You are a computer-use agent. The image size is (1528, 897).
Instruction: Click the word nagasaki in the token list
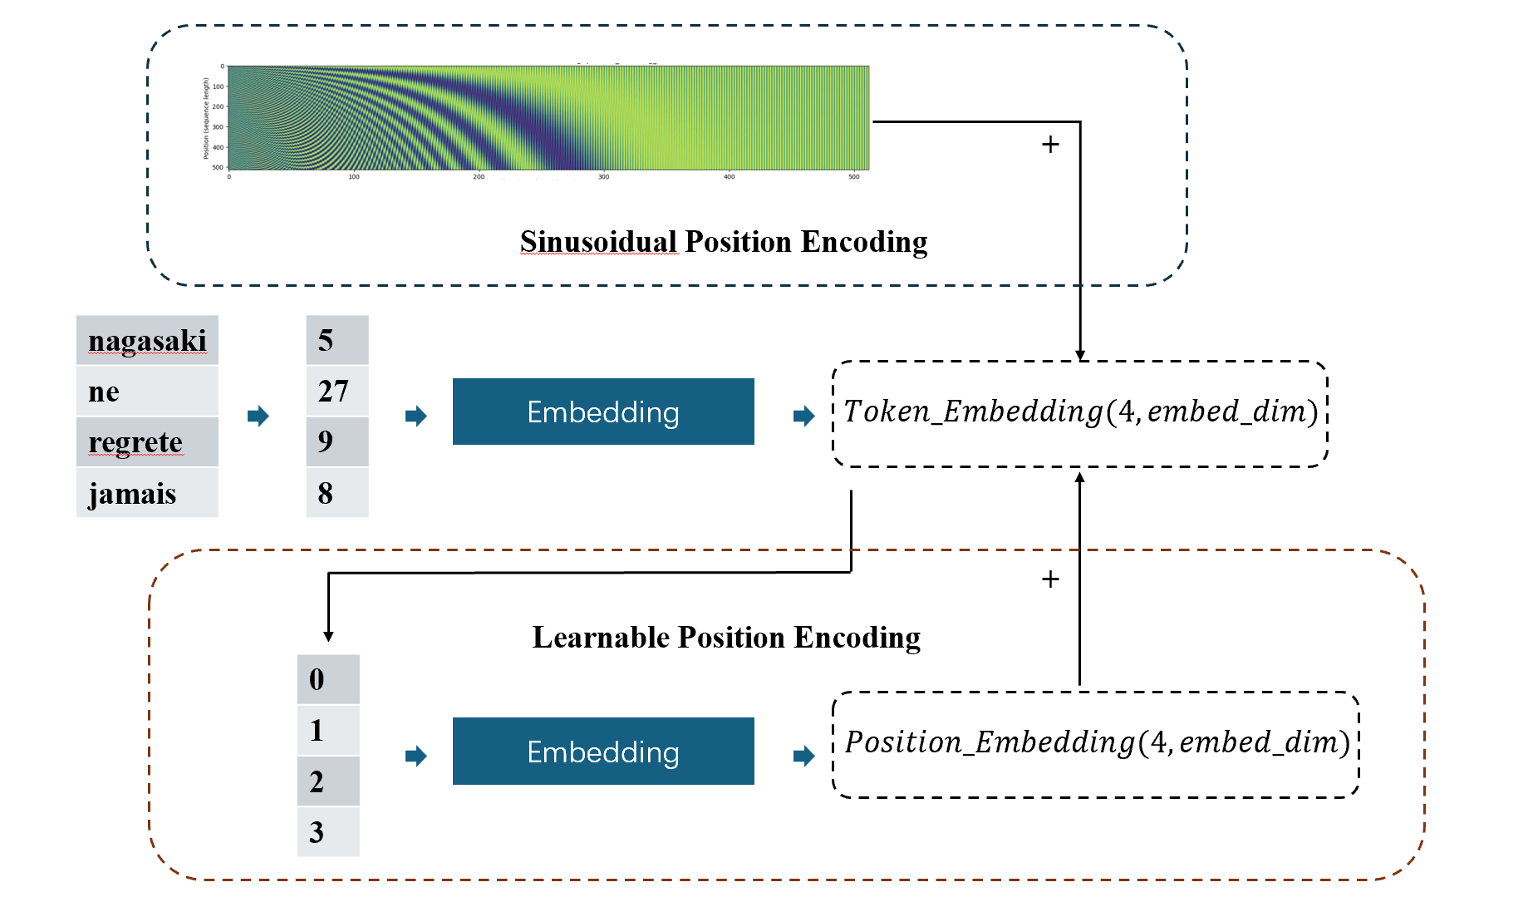(147, 341)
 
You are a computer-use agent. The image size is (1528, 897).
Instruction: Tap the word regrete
(135, 442)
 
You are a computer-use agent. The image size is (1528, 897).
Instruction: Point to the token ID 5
(326, 341)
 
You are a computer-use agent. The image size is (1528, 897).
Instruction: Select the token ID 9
(326, 441)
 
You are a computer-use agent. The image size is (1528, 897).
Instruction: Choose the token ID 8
(326, 494)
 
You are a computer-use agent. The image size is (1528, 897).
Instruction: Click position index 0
(317, 680)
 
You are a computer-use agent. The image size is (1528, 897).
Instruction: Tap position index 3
(317, 832)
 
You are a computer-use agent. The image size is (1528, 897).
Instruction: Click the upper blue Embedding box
(603, 412)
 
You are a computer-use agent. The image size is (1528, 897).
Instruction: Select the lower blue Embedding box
(603, 752)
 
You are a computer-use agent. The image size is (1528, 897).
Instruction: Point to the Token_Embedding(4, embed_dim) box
(1080, 412)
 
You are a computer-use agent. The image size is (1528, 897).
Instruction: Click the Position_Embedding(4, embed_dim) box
(1096, 743)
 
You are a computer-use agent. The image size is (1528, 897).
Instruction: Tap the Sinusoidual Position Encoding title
(724, 242)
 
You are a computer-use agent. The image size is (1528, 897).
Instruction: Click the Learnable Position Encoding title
(726, 638)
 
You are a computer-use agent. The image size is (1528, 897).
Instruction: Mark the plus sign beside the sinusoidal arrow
(1050, 145)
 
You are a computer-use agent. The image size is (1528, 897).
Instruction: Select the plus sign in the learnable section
(1050, 579)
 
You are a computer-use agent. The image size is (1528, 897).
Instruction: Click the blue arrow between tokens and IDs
(258, 416)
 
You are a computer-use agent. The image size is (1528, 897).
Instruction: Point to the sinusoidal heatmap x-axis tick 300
(604, 177)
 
